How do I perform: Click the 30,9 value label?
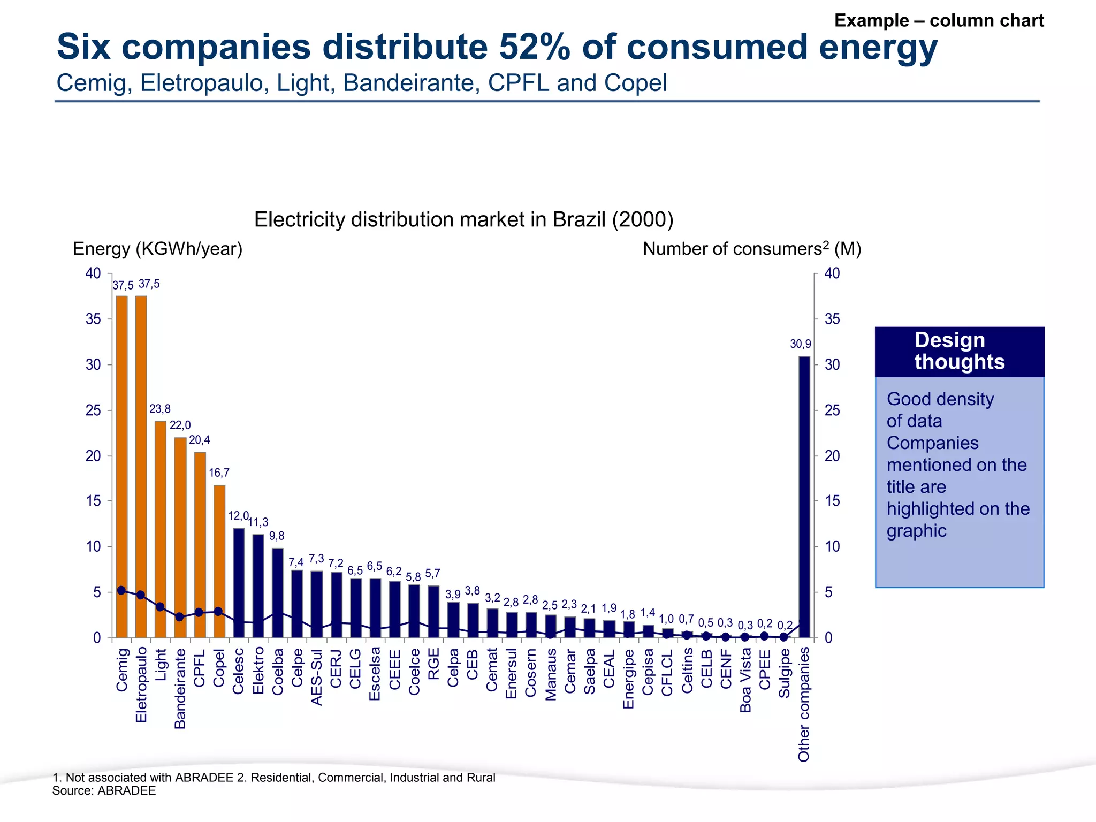(800, 344)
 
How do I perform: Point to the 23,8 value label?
(160, 409)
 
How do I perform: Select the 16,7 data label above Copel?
(219, 473)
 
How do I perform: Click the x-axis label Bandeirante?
(180, 689)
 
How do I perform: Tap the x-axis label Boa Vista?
(745, 680)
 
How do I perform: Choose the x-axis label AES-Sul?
(317, 678)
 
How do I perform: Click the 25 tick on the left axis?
(93, 410)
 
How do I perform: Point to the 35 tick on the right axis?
(832, 319)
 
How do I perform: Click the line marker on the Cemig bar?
(121, 590)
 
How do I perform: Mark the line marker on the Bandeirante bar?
(180, 616)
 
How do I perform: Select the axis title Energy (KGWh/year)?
(157, 249)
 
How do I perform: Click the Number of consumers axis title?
(751, 249)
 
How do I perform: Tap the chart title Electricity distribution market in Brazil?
(463, 220)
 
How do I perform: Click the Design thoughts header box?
(959, 352)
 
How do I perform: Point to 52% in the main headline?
(535, 47)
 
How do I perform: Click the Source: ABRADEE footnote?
(104, 791)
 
